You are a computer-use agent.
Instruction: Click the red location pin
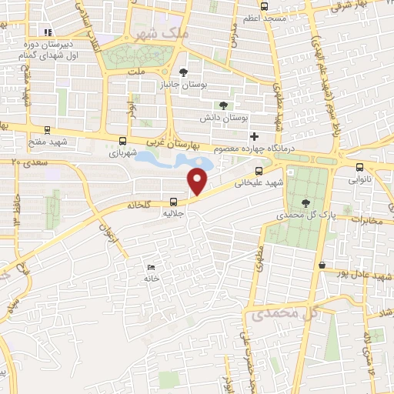click(199, 180)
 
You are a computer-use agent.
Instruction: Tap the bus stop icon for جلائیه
click(172, 202)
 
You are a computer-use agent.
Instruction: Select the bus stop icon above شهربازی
click(122, 140)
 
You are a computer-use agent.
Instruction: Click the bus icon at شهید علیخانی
click(258, 171)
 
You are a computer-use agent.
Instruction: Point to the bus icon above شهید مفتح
click(48, 130)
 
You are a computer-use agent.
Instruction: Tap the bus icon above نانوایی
click(359, 166)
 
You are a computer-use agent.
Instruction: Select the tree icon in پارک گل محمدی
click(307, 202)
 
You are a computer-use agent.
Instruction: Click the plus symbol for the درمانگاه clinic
click(255, 135)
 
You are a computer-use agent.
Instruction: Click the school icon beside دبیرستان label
click(48, 33)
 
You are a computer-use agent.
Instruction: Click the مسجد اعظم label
click(266, 17)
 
